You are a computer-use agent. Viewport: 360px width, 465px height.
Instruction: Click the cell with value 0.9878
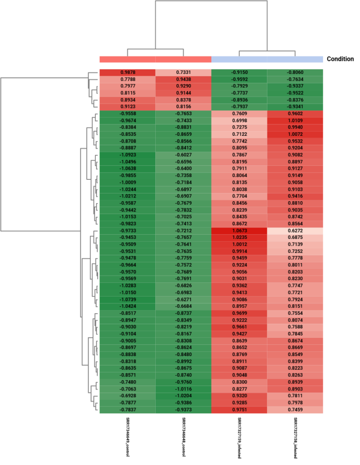pos(127,72)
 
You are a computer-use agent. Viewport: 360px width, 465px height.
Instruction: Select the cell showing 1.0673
pos(239,231)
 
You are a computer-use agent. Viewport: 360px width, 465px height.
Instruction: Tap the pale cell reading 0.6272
pos(295,231)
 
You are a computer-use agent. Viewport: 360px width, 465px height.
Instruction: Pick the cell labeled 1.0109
pos(295,120)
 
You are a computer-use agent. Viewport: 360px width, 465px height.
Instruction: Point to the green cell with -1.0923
pos(127,155)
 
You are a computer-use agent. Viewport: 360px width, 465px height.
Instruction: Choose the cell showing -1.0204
pos(183,396)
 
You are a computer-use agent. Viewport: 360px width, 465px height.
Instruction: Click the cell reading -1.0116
pos(183,389)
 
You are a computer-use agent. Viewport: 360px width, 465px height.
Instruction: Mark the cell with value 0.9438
pos(183,79)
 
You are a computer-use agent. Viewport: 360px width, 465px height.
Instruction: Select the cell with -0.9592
pos(239,79)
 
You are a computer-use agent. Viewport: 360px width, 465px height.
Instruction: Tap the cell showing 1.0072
pos(295,134)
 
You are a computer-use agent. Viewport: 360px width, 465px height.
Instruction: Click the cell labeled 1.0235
pos(239,237)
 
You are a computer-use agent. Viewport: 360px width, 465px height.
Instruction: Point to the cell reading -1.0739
pos(127,300)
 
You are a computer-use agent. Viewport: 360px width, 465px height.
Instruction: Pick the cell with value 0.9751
pos(239,410)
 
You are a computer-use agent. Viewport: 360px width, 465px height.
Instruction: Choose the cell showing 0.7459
pos(295,410)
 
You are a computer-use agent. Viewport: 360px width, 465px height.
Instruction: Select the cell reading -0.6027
pos(183,155)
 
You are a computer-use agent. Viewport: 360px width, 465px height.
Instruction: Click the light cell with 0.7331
pos(183,72)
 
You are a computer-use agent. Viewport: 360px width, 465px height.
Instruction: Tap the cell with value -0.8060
pos(295,72)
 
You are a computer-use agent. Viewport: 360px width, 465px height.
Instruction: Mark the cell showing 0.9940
pos(295,128)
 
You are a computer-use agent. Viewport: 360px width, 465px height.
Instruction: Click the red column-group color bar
pos(155,59)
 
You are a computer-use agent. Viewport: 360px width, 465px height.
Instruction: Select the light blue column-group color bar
pos(267,59)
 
